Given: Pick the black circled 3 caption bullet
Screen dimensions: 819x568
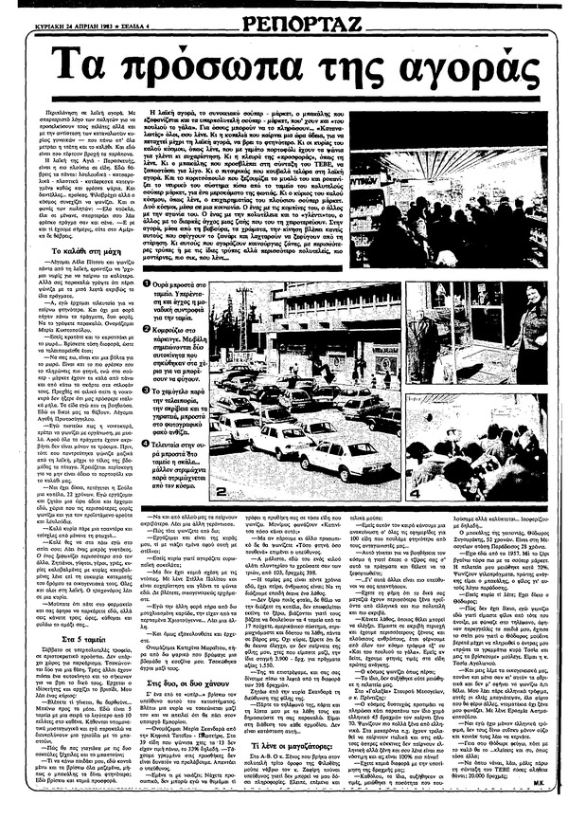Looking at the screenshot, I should click(145, 390).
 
